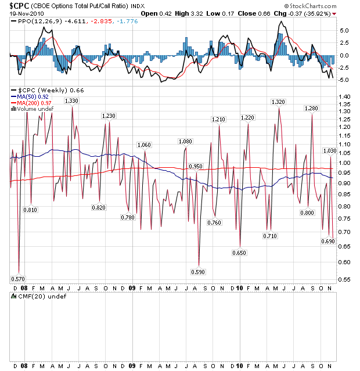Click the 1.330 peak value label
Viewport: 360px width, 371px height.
point(72,101)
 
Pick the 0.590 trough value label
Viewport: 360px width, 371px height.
point(198,271)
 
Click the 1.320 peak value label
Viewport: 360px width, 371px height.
point(279,102)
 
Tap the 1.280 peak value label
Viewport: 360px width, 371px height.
point(311,108)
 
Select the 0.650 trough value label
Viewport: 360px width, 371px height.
point(239,253)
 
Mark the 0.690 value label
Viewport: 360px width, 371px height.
point(329,240)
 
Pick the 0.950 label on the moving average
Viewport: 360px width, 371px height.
point(196,167)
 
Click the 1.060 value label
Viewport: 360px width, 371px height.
point(143,145)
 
